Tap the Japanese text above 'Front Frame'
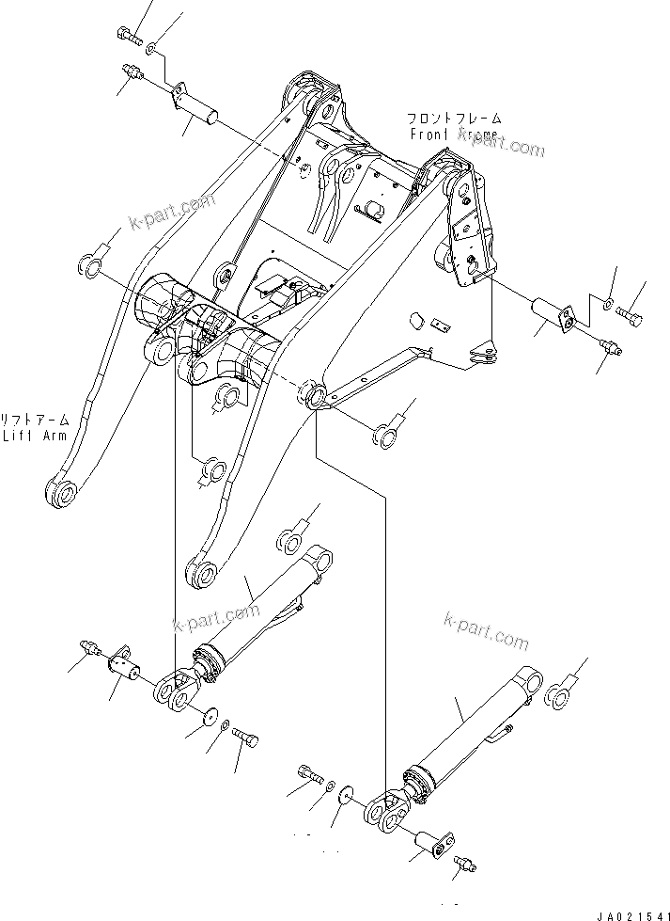pos(454,119)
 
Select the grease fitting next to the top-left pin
pos(132,71)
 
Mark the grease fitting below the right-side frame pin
pos(612,348)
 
